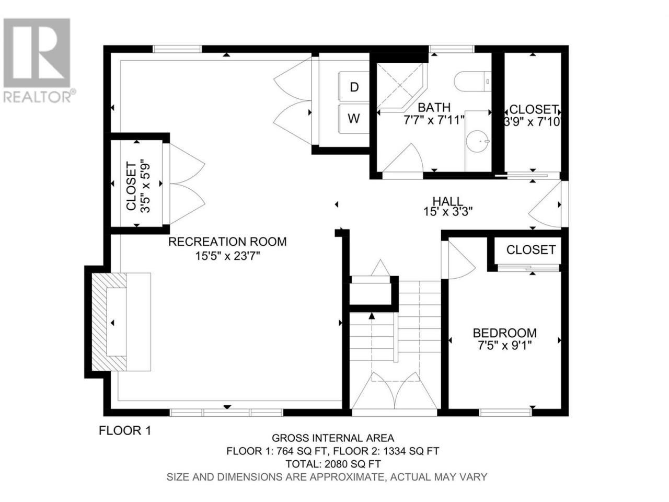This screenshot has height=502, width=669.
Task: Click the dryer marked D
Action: (x=353, y=86)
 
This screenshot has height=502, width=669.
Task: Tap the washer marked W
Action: (x=353, y=119)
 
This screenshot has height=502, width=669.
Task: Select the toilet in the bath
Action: (x=472, y=81)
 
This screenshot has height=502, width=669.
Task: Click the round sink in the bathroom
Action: (x=478, y=141)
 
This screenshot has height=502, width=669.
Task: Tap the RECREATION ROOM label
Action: (x=227, y=242)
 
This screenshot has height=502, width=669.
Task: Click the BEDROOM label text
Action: (x=505, y=333)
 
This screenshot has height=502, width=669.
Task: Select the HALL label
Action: (x=448, y=201)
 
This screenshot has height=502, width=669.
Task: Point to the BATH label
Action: (x=434, y=108)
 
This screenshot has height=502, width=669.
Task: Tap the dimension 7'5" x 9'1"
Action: (x=505, y=346)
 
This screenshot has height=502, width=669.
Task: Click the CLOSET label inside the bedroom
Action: (x=531, y=250)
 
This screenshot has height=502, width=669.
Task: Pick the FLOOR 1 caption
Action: (x=125, y=431)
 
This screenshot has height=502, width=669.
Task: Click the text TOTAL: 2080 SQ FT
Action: (x=333, y=464)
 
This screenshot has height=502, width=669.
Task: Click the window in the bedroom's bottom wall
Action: (x=505, y=413)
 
